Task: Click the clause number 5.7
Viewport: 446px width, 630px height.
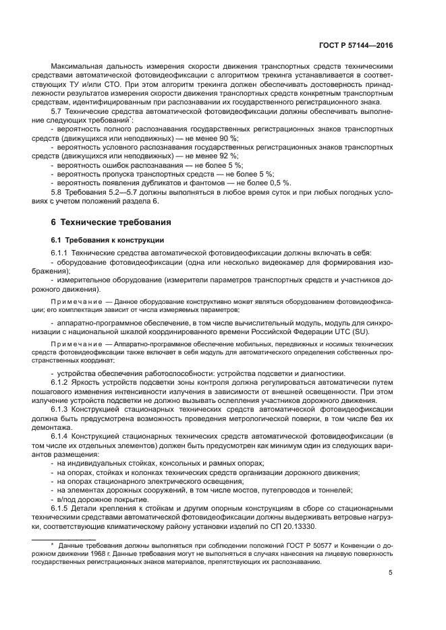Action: [57, 111]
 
